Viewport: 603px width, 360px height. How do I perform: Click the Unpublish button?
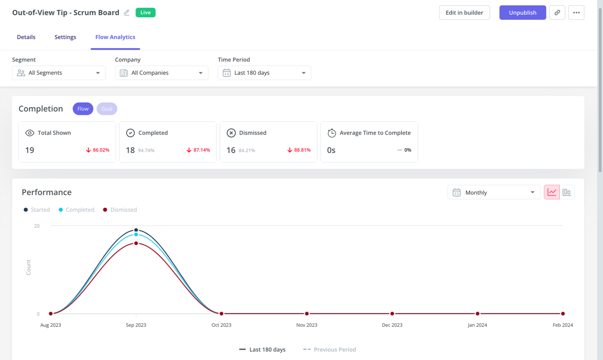522,13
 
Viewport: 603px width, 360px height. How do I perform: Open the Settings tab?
65,37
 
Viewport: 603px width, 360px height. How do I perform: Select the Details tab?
26,37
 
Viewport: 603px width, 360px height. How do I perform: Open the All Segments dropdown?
59,73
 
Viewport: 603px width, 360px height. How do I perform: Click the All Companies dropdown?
161,73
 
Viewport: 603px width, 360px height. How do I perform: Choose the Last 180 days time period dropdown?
264,73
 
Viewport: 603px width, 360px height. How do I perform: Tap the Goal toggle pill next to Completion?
107,109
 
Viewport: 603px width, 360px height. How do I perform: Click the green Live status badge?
145,13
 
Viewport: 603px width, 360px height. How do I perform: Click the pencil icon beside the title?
127,13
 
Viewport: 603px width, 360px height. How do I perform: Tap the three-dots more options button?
576,13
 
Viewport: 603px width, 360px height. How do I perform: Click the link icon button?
557,13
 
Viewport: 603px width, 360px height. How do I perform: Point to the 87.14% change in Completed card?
198,150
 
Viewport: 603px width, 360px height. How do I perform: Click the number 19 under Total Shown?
30,150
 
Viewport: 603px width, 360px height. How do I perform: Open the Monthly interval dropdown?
494,192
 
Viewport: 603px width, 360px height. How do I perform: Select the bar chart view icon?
567,192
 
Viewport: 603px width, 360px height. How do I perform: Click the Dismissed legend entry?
120,210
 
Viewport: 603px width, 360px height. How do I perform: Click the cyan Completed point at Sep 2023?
136,235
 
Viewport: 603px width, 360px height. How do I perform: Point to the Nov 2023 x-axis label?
307,325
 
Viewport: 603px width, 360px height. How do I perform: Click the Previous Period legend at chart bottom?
330,349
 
